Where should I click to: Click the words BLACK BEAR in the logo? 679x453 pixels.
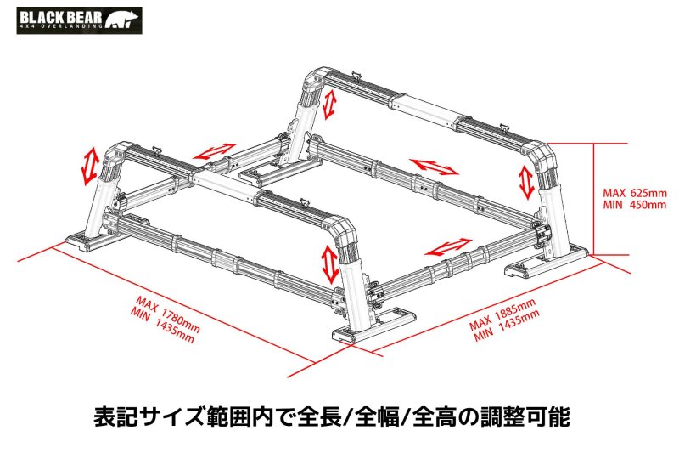57,16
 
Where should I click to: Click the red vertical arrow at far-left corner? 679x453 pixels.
87,165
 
